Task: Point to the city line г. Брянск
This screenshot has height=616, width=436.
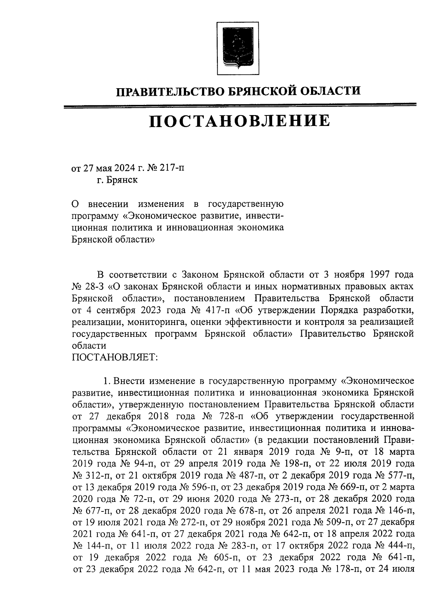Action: tap(117, 180)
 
